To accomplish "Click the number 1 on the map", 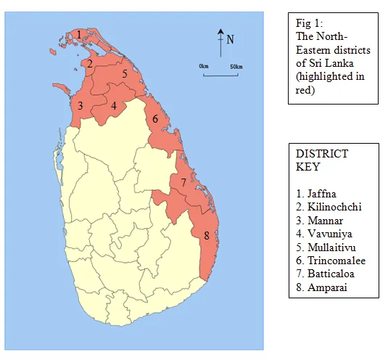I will (x=78, y=34).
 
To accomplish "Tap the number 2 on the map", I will (x=89, y=63).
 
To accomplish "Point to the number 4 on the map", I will (x=114, y=106).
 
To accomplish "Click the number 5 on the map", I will (x=125, y=73).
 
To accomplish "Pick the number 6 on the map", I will (x=154, y=118).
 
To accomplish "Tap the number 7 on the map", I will (x=183, y=182).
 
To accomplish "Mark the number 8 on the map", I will (x=207, y=235).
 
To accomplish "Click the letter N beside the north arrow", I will (x=231, y=40).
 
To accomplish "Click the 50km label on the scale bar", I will (x=236, y=66).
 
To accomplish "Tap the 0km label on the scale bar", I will (x=204, y=66).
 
